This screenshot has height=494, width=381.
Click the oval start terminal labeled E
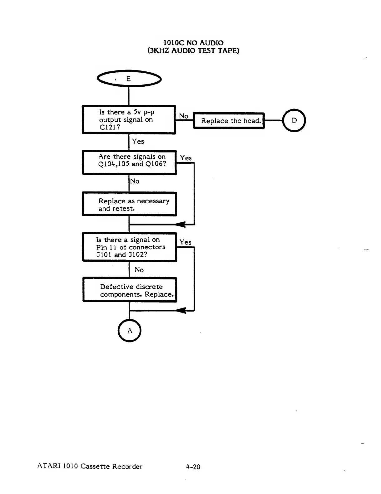pyautogui.click(x=129, y=79)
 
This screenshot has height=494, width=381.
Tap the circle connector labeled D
pyautogui.click(x=294, y=120)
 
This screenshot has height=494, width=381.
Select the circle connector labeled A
pyautogui.click(x=130, y=331)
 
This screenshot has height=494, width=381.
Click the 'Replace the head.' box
pyautogui.click(x=229, y=121)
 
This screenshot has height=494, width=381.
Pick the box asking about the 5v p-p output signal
pyautogui.click(x=129, y=120)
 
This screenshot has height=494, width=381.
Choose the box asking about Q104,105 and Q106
pyautogui.click(x=129, y=162)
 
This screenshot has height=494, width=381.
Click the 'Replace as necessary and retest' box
pyautogui.click(x=129, y=204)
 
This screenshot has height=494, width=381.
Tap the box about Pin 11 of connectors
pyautogui.click(x=129, y=247)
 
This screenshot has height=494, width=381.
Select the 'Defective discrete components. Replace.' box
pyautogui.click(x=130, y=290)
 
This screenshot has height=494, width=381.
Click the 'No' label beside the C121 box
pyautogui.click(x=184, y=116)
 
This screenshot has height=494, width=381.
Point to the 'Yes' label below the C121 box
pyautogui.click(x=138, y=141)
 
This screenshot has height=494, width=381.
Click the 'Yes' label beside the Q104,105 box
pyautogui.click(x=186, y=158)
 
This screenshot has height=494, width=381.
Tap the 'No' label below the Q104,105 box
pyautogui.click(x=135, y=181)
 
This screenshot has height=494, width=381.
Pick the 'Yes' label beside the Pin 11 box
pyautogui.click(x=185, y=242)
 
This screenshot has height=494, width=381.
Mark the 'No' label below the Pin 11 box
pyautogui.click(x=139, y=270)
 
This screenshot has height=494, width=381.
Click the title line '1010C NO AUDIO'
pyautogui.click(x=194, y=43)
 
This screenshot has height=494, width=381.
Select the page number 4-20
pyautogui.click(x=193, y=467)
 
